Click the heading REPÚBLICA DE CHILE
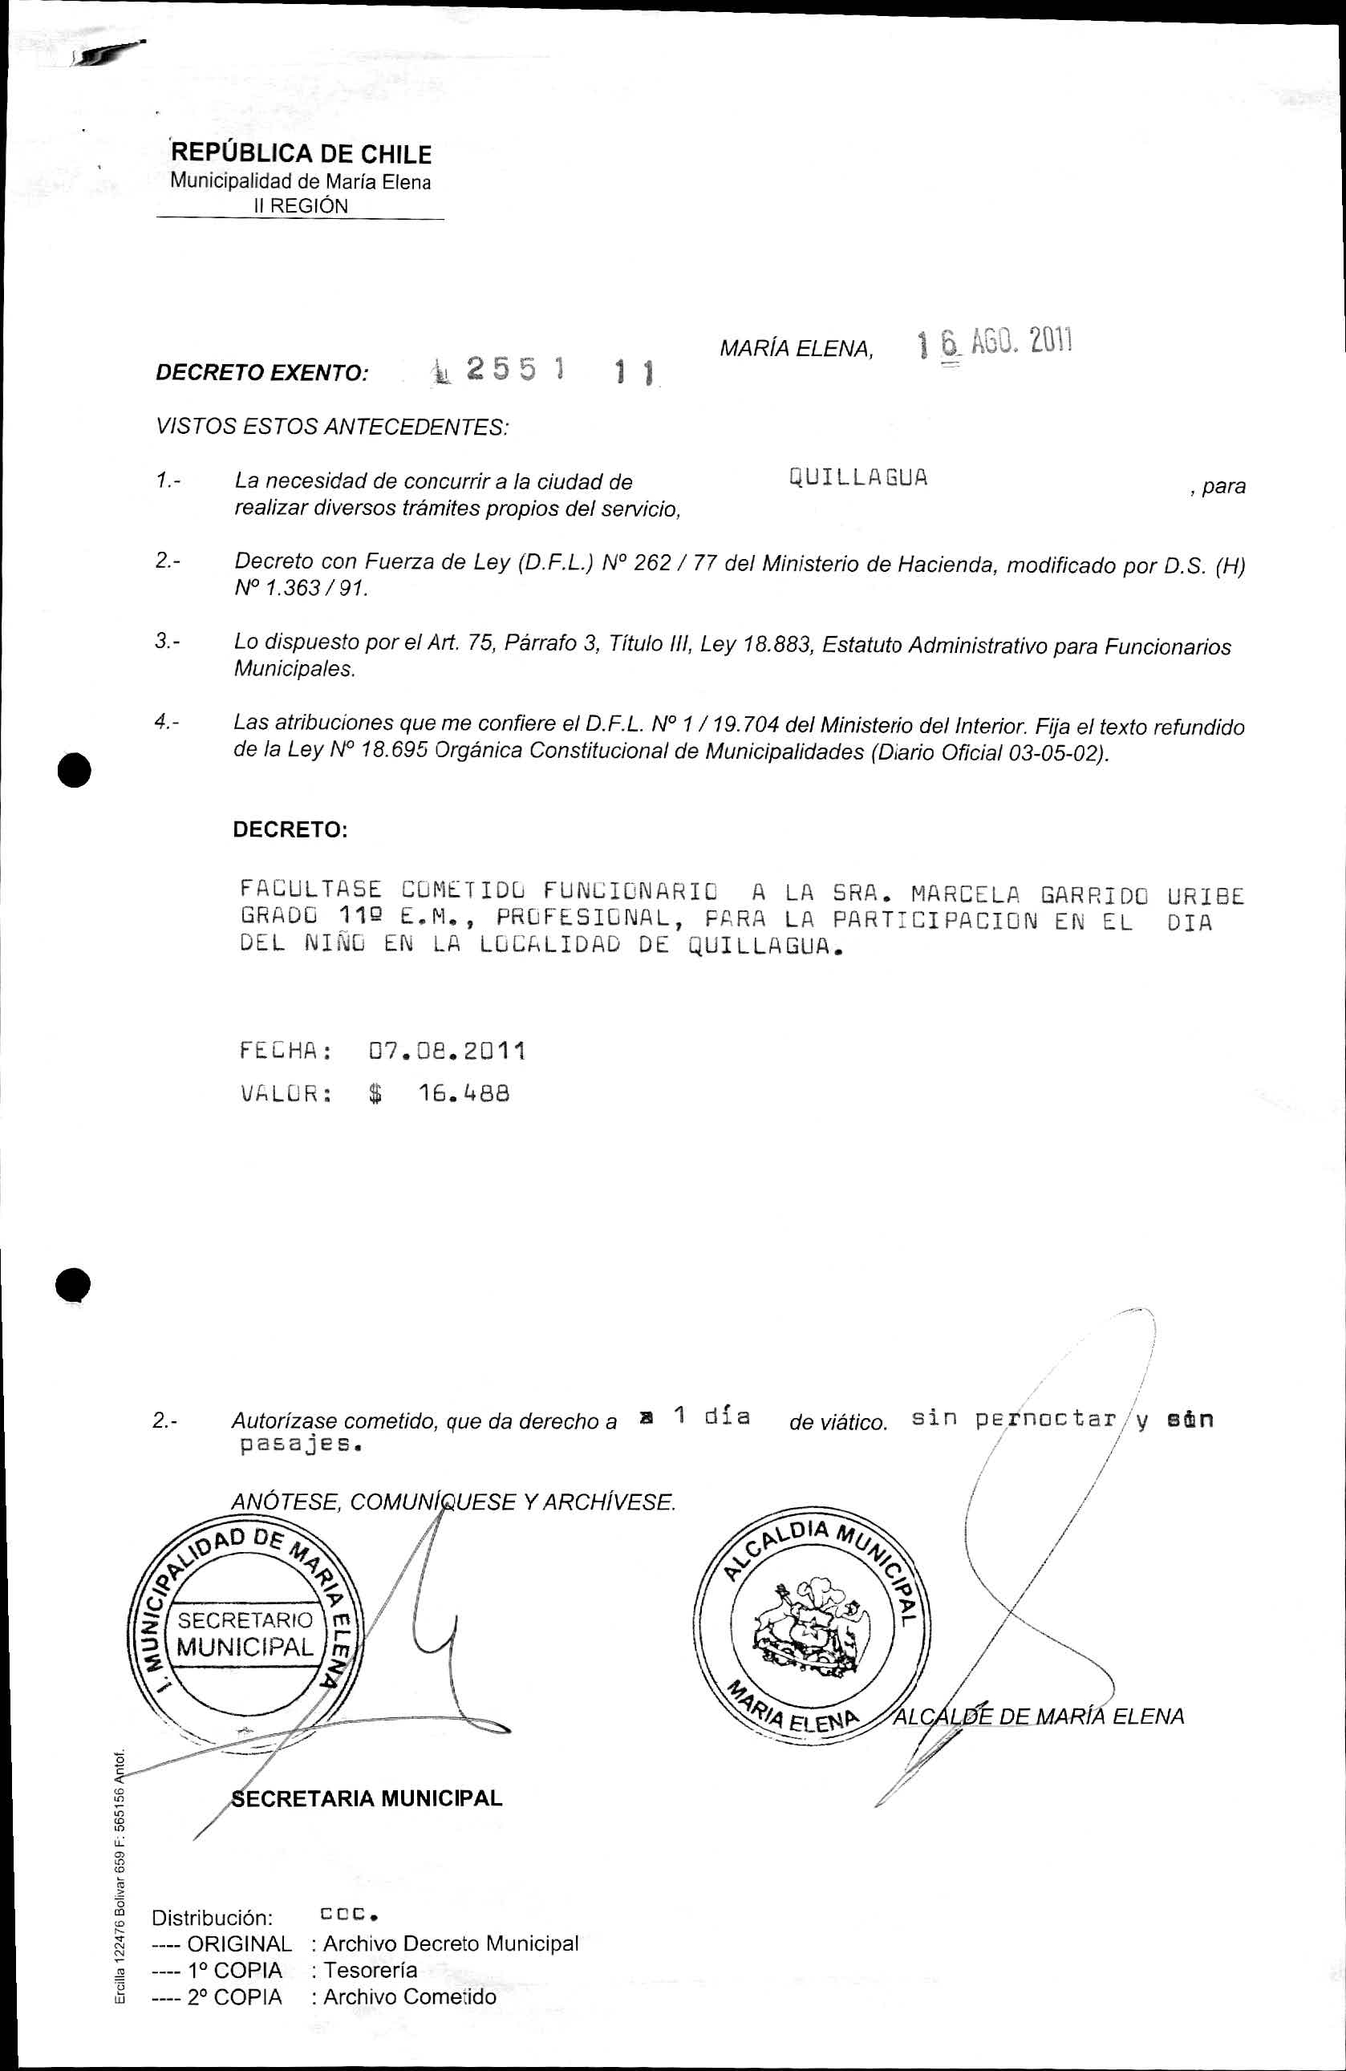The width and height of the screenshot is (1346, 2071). [x=302, y=154]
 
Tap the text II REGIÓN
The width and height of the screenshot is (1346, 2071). [x=300, y=206]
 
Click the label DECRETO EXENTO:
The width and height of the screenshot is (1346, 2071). [x=261, y=373]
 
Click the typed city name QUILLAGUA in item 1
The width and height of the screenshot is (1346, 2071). [x=857, y=478]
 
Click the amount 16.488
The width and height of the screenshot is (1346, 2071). [x=464, y=1094]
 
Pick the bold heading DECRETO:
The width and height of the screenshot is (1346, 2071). [x=290, y=829]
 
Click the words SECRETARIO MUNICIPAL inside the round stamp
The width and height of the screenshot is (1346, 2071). [x=245, y=1633]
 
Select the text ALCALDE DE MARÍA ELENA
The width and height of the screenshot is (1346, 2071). [x=1040, y=1716]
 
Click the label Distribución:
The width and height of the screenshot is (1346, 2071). [x=213, y=1918]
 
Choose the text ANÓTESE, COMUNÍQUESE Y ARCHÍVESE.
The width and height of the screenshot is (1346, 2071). [x=453, y=1502]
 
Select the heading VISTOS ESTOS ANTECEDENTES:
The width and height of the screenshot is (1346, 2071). [x=331, y=428]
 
